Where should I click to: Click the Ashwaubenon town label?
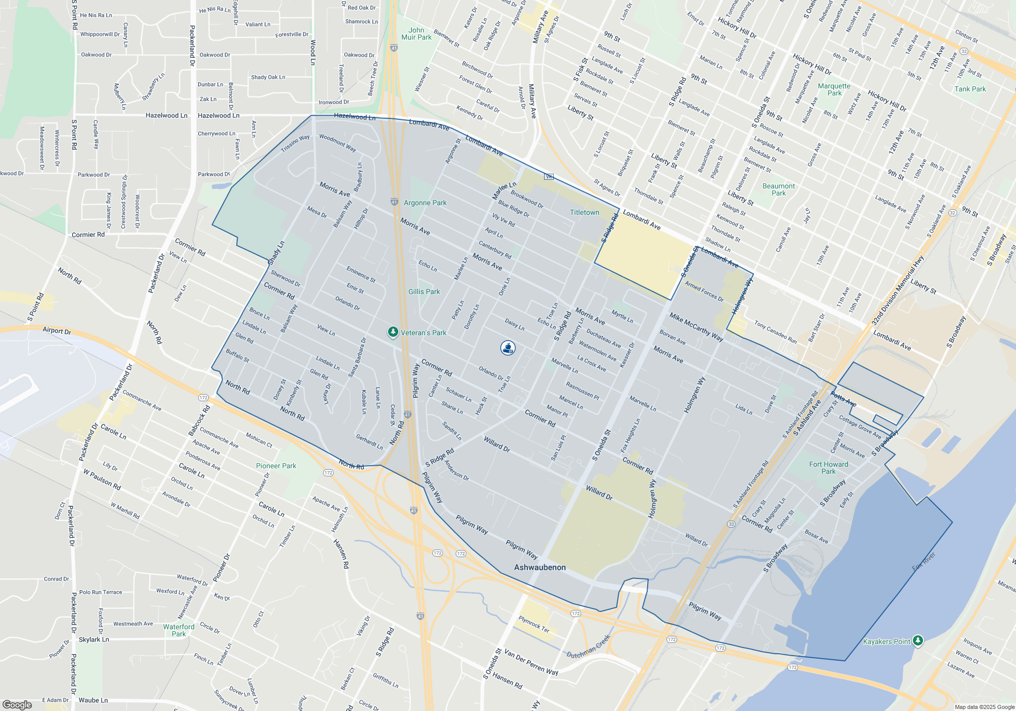539,567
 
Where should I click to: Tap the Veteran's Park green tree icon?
393,332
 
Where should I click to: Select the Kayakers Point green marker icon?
917,640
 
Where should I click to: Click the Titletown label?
584,212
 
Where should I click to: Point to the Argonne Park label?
425,203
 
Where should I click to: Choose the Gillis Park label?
424,292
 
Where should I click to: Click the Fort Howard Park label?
829,468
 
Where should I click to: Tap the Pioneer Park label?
276,466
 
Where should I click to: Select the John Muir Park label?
416,34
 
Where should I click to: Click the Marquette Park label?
834,89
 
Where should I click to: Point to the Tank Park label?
970,89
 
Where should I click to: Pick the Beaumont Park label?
779,189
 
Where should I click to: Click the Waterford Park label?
179,630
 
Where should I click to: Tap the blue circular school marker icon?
508,348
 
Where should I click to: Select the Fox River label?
923,561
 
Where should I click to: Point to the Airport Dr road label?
57,331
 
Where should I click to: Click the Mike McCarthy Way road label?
696,327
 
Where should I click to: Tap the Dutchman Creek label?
588,647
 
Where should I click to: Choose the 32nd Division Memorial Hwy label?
898,290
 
